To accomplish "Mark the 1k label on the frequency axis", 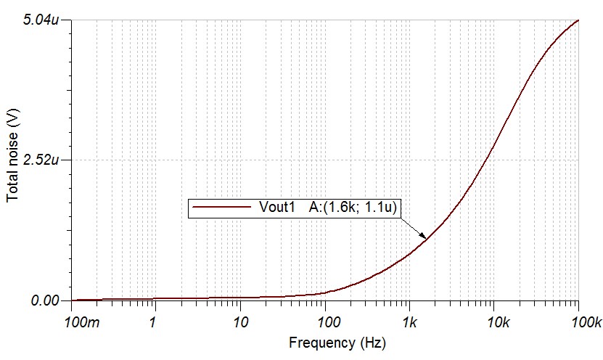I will click(409, 320).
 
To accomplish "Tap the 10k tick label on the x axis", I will click(493, 320).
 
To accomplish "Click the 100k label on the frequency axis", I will click(578, 320).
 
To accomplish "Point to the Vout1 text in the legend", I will click(276, 208).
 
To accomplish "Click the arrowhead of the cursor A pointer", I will click(425, 237).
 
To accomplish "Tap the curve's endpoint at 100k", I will click(578, 20).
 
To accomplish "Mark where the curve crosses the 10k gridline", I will click(493, 146).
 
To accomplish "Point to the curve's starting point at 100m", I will click(73, 300).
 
